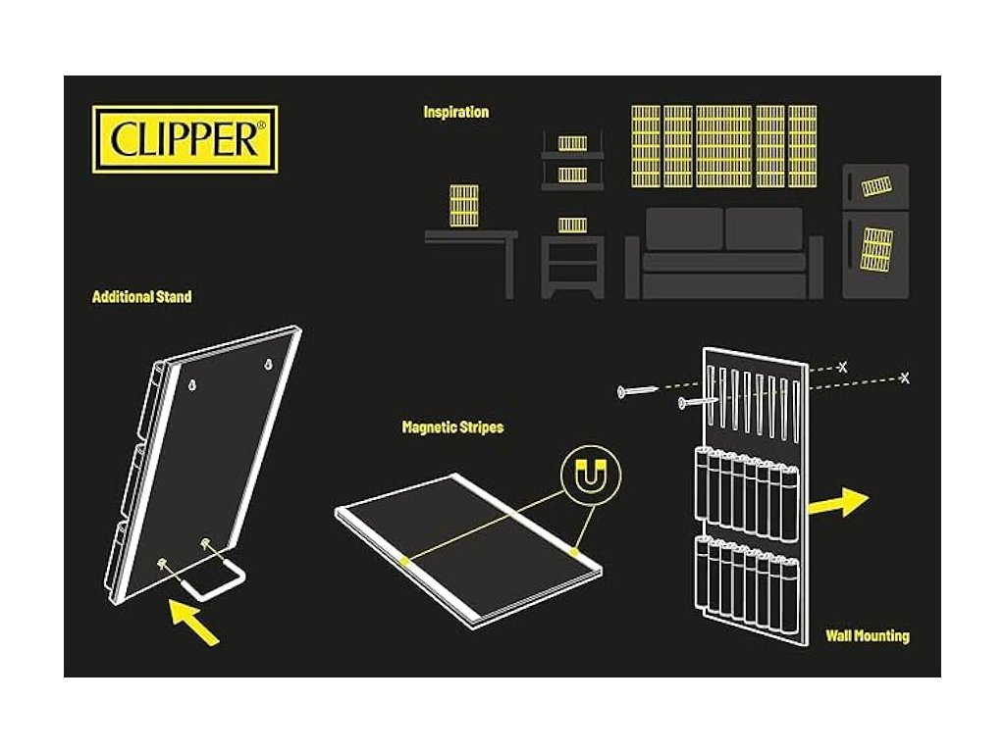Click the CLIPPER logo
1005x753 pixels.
coord(185,139)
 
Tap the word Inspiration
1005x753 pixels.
coord(455,112)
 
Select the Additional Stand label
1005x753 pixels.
coord(141,296)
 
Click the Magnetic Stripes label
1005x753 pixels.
coord(452,427)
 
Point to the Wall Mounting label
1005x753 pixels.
coord(867,636)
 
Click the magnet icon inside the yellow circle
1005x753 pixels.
coord(590,477)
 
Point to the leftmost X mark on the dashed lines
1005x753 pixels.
coord(842,366)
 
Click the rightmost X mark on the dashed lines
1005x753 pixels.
coord(904,376)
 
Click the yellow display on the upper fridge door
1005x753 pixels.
coord(875,184)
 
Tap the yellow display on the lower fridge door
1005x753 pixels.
coord(876,248)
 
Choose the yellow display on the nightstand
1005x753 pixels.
coord(572,225)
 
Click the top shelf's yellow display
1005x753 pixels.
coord(572,143)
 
